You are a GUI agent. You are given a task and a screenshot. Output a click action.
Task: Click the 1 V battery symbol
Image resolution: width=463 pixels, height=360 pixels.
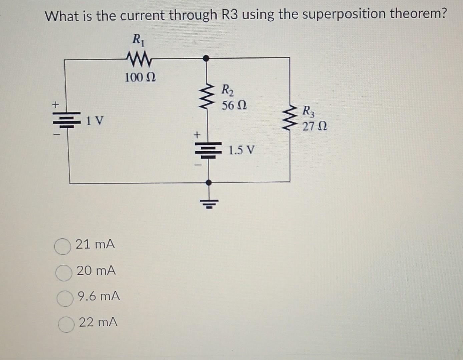point(68,119)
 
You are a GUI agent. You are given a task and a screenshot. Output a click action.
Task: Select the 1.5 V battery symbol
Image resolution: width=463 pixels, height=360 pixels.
point(209,150)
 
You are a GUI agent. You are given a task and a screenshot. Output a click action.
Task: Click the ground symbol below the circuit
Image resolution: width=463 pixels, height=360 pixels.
point(209,203)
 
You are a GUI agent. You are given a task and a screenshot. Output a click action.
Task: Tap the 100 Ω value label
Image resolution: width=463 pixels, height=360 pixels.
point(140,78)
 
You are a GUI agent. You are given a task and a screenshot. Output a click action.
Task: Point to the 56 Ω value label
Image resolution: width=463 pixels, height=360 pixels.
point(234,106)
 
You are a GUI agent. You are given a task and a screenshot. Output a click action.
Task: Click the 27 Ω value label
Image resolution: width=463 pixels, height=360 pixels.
point(315,127)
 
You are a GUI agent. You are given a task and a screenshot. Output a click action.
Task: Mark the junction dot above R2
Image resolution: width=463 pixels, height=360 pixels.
point(207,58)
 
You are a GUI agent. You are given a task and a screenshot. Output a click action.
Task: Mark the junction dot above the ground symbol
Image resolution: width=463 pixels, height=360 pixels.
point(209,183)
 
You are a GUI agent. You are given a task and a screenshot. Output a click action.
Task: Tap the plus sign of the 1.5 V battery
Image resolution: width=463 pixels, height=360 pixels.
point(197,135)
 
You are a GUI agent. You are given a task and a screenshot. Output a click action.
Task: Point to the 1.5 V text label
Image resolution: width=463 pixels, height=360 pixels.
point(242,151)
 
